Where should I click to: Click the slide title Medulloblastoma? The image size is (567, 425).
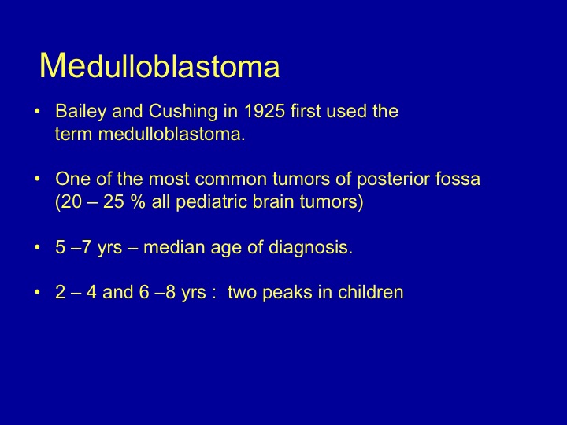pos(159,65)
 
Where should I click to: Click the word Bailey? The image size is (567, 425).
pos(80,112)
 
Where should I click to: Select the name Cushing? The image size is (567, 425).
pos(183,112)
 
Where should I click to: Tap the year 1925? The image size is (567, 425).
pos(265,111)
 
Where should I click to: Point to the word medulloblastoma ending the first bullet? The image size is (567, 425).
pos(172,134)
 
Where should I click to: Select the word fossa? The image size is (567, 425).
pos(458,179)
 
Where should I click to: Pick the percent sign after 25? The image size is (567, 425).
pos(138,201)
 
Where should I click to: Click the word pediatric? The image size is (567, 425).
pos(211,202)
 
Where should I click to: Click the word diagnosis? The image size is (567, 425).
pos(310,248)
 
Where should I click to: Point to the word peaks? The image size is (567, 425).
pos(287,293)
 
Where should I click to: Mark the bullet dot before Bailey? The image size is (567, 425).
pos(37,111)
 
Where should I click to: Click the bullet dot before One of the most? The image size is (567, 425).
pos(37,179)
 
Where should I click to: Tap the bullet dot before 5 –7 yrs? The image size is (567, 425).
pos(37,248)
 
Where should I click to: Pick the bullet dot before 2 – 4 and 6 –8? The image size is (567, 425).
pos(37,292)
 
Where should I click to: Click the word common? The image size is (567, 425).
pos(232,179)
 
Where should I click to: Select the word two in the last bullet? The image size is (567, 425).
pos(243,292)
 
